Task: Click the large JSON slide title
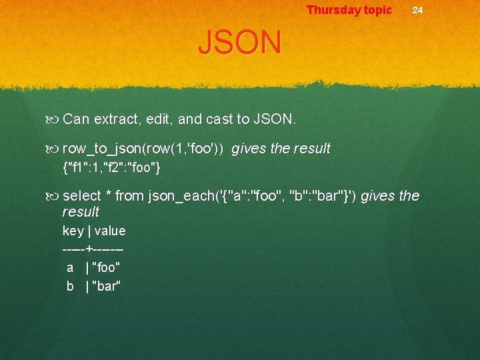pos(240,43)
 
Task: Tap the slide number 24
pos(417,10)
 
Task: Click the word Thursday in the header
pos(331,10)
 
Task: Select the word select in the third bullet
pos(81,196)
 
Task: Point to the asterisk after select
pos(108,196)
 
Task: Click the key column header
pos(73,231)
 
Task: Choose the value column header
pos(110,231)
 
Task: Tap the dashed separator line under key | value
pos(93,249)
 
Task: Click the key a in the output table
pos(70,268)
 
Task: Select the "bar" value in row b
pos(107,287)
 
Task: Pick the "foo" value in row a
pos(107,268)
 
